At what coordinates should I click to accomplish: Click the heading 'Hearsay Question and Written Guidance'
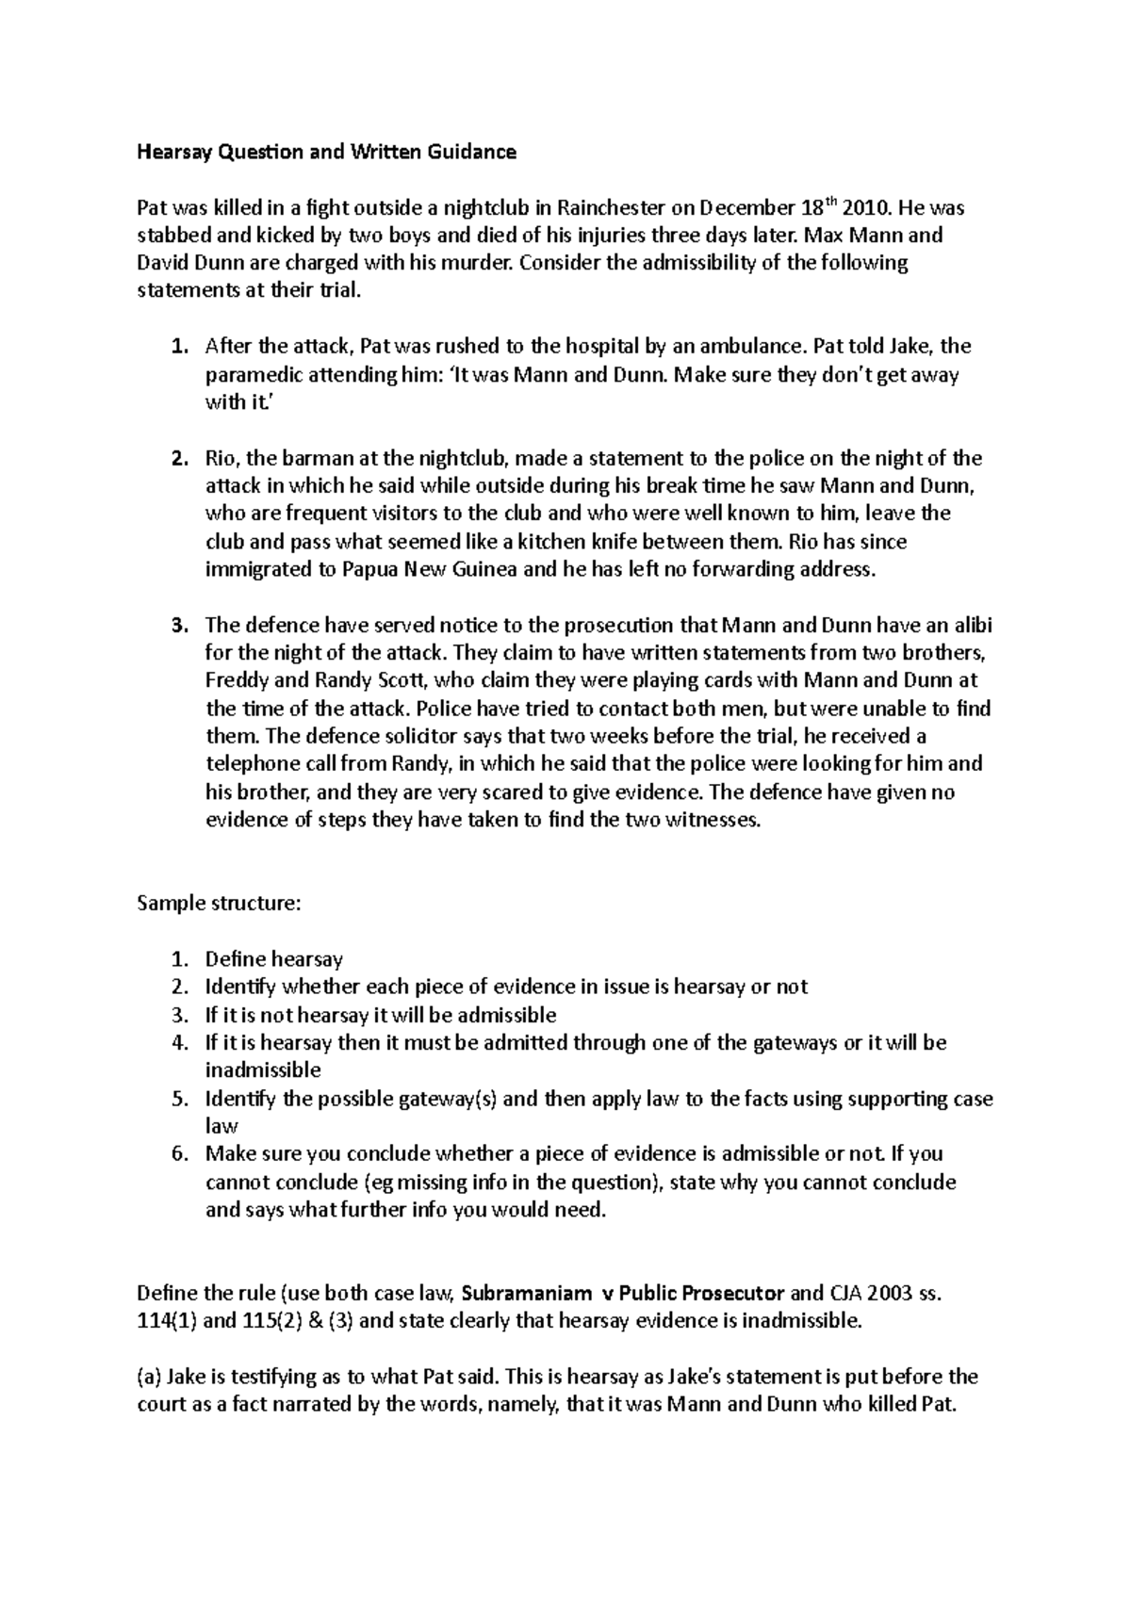[326, 152]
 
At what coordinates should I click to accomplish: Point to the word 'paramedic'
[249, 375]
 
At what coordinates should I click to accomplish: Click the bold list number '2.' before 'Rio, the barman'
[179, 459]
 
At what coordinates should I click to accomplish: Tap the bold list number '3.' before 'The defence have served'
[179, 626]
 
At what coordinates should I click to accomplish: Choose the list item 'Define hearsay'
[273, 959]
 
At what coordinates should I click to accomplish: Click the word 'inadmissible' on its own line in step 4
[263, 1070]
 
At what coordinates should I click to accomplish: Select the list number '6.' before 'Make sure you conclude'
[179, 1154]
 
